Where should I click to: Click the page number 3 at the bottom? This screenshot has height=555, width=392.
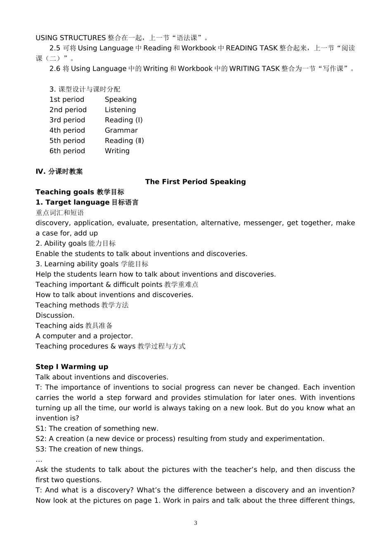point(195,523)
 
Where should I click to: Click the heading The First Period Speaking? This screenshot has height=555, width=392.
point(195,182)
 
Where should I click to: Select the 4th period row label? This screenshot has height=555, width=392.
point(67,130)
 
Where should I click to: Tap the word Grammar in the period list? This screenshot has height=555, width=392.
point(121,130)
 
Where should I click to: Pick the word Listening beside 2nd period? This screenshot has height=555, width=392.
point(120,110)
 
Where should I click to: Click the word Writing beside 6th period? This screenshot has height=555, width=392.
point(117,151)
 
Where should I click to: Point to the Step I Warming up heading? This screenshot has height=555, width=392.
point(72,367)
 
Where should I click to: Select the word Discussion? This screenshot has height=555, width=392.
point(54,315)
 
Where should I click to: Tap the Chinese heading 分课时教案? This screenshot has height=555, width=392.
point(65,171)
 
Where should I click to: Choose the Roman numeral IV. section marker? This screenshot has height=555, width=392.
point(40,171)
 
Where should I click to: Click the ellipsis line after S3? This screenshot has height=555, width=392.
point(39,460)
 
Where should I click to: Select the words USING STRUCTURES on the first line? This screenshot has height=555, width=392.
point(71,38)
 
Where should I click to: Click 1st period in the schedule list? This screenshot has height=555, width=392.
point(66,100)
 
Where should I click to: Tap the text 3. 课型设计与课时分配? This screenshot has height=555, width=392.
point(85,89)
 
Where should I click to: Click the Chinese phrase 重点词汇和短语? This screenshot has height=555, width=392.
point(59,213)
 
